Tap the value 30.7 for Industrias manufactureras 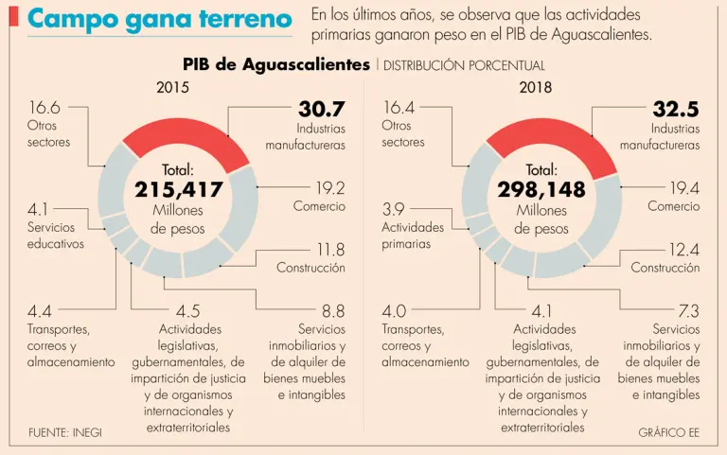pyautogui.click(x=321, y=109)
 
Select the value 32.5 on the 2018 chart pyautogui.click(x=676, y=109)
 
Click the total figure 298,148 pyautogui.click(x=541, y=189)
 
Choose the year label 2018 pyautogui.click(x=536, y=88)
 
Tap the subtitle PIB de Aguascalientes pyautogui.click(x=276, y=64)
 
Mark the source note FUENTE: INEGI pyautogui.click(x=65, y=432)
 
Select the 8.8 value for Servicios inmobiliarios pyautogui.click(x=333, y=310)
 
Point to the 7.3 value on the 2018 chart pyautogui.click(x=688, y=310)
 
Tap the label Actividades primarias pyautogui.click(x=413, y=236)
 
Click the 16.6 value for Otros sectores pyautogui.click(x=44, y=108)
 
